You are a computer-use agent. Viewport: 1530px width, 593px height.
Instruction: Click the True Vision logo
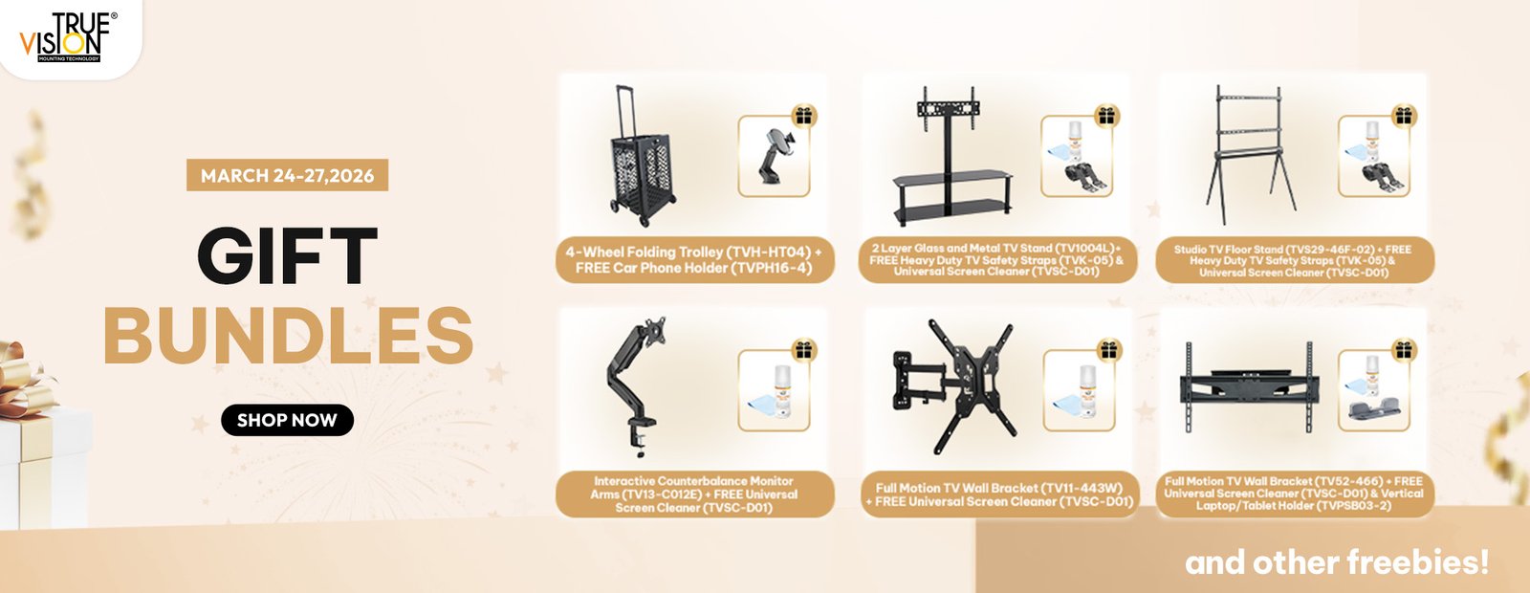[67, 37]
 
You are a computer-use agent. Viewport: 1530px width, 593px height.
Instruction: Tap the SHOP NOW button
[287, 420]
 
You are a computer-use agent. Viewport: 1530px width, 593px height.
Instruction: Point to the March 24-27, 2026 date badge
[287, 175]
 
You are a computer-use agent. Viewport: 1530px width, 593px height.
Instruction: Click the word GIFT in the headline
[287, 255]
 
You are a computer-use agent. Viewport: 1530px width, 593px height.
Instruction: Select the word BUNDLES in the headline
[288, 335]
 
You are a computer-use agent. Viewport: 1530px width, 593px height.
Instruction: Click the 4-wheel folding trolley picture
[641, 156]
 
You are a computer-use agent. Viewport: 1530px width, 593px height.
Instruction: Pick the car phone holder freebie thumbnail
[774, 156]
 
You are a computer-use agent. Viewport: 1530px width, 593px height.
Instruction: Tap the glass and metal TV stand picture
[952, 156]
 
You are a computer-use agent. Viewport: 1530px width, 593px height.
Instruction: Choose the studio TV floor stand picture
[1250, 154]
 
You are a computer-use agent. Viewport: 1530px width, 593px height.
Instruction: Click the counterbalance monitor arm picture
[635, 386]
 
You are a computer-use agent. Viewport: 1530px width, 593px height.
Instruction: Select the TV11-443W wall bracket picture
[953, 387]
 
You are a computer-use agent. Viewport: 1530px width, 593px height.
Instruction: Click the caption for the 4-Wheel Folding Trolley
[694, 259]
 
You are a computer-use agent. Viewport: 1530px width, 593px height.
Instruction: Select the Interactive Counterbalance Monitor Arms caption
[694, 494]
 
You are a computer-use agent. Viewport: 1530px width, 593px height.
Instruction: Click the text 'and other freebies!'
[1336, 563]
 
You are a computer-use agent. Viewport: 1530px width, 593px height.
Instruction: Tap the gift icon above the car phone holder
[804, 116]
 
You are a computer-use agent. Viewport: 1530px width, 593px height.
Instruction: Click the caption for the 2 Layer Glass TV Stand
[996, 259]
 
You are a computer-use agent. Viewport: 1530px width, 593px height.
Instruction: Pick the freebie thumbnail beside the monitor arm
[774, 391]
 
